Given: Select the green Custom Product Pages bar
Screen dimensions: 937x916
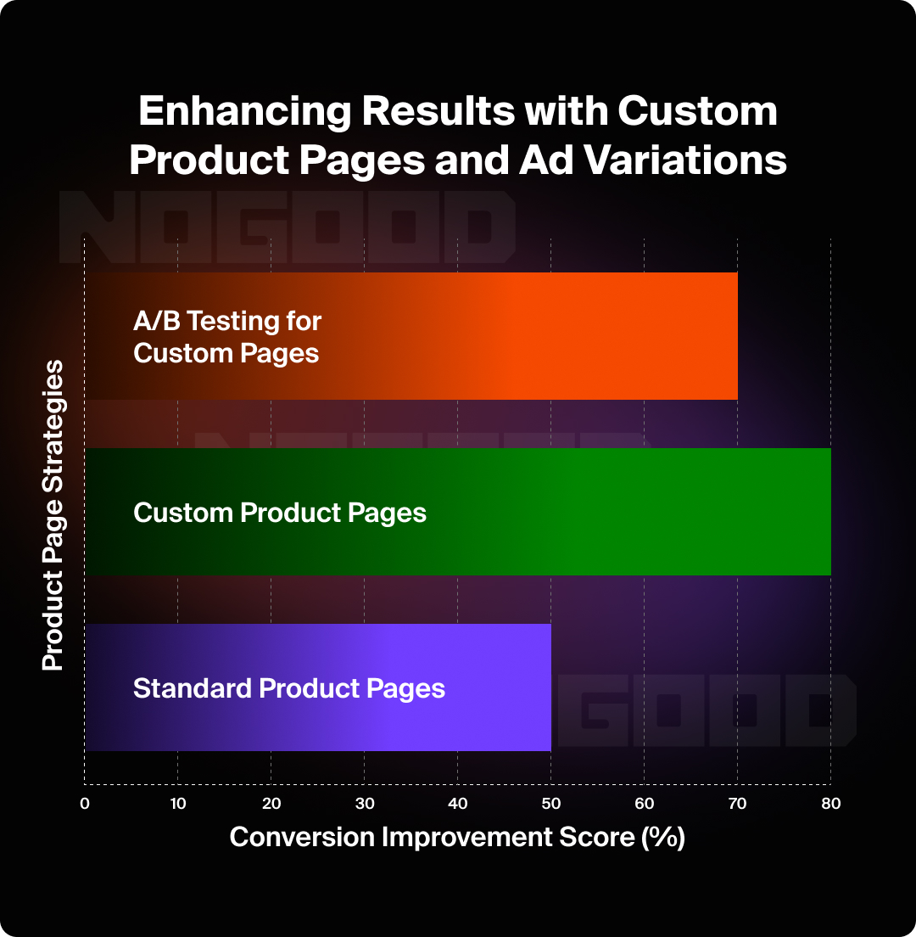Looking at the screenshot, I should [x=594, y=512].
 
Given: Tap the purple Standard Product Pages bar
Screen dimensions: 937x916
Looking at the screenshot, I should [x=492, y=687].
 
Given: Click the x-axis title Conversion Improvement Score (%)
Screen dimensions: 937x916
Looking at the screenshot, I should [x=457, y=837].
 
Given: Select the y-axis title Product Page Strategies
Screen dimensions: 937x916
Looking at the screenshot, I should [x=53, y=515].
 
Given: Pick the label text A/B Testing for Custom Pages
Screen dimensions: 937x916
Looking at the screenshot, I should [x=227, y=337].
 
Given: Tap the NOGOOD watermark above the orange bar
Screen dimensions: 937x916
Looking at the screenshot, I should [x=288, y=224].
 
